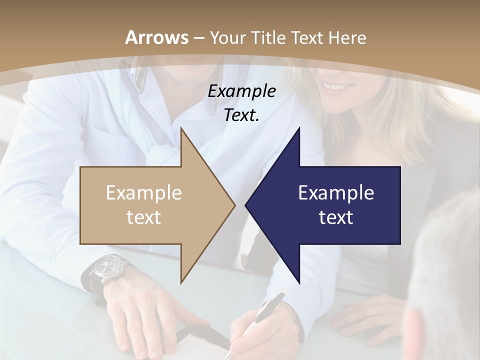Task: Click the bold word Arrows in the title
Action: (156, 37)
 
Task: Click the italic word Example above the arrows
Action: (242, 91)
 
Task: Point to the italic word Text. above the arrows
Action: (242, 115)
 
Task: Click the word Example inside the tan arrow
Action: (144, 193)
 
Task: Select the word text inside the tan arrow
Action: (144, 217)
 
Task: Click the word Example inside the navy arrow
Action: (336, 193)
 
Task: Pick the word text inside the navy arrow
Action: (336, 217)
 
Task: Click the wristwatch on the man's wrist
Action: (109, 266)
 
